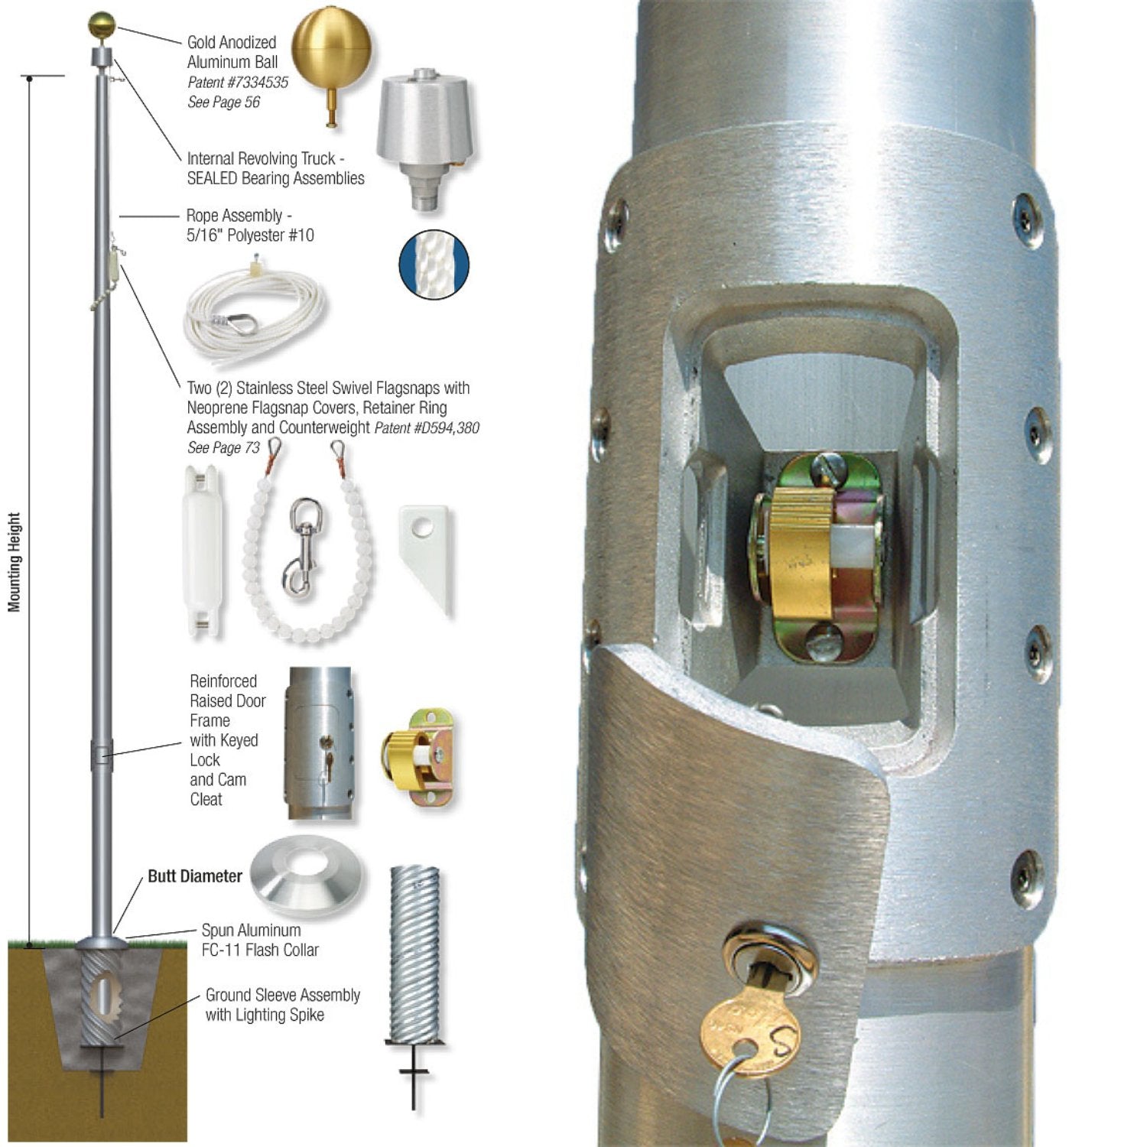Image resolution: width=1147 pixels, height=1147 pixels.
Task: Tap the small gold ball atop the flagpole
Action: click(x=100, y=25)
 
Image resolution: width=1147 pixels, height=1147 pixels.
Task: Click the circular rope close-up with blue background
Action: click(x=434, y=265)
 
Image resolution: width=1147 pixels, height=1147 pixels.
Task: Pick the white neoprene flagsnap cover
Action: click(x=203, y=551)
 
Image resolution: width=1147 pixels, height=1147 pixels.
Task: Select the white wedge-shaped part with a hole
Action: click(x=425, y=555)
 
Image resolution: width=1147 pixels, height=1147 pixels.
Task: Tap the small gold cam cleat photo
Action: click(x=418, y=756)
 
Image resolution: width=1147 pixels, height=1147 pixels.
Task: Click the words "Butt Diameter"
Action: click(x=195, y=876)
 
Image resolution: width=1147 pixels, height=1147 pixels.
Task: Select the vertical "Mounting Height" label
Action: click(x=14, y=562)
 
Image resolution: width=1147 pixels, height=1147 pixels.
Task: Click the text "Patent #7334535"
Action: click(x=238, y=83)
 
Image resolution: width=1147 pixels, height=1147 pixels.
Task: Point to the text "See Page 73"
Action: click(x=223, y=448)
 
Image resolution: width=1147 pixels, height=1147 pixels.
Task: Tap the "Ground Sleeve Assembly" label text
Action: click(x=282, y=996)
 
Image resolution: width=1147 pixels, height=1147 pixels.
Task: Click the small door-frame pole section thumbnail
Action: click(x=320, y=742)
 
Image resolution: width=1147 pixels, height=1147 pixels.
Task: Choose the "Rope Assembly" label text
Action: click(x=235, y=216)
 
